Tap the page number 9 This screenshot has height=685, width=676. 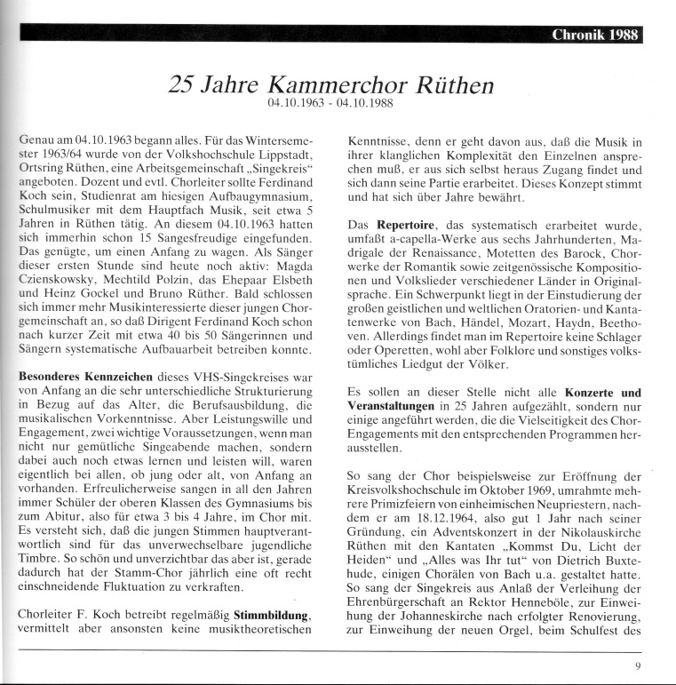click(638, 665)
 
